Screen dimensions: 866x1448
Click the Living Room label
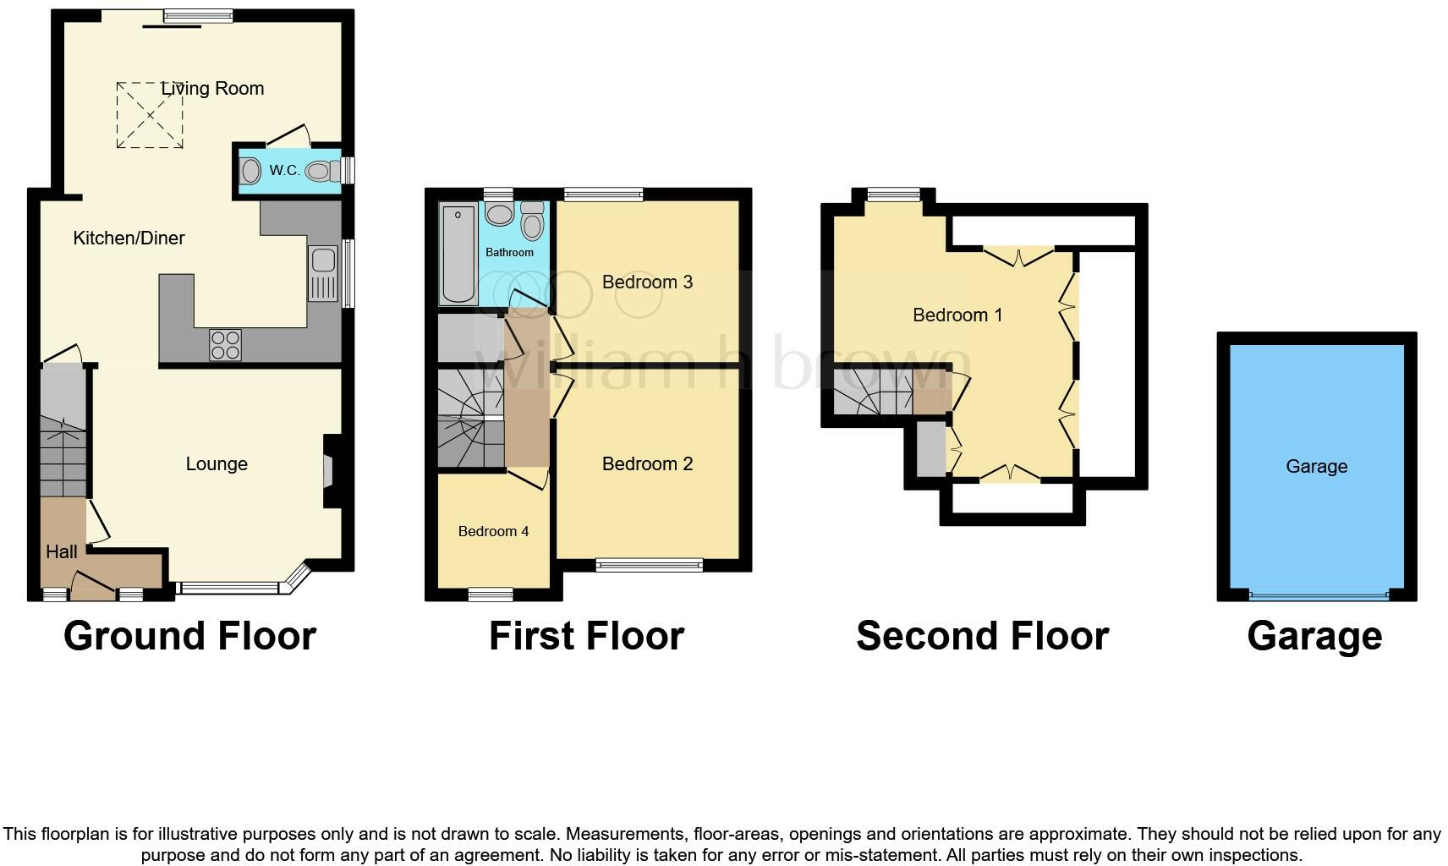coord(213,89)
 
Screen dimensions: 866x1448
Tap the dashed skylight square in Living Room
coord(150,115)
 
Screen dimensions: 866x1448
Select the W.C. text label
coord(284,171)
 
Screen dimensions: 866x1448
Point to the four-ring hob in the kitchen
coord(225,344)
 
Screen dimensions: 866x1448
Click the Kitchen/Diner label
coord(129,238)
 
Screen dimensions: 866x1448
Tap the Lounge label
coord(217,464)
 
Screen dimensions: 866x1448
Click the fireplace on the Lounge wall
coord(331,472)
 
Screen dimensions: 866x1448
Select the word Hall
coord(62,552)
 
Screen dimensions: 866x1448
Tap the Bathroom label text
coord(509,253)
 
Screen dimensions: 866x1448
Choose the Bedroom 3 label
coord(647,282)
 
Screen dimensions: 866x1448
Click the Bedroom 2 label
coord(647,464)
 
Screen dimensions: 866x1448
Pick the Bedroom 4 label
coord(493,532)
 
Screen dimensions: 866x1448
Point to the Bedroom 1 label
coord(957,315)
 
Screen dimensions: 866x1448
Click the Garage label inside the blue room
coord(1316,467)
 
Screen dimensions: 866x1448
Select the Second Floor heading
coord(982,636)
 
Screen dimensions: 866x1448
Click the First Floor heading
coord(586,636)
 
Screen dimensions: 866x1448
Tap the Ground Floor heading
coord(189,636)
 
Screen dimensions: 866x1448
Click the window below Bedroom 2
coord(649,565)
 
